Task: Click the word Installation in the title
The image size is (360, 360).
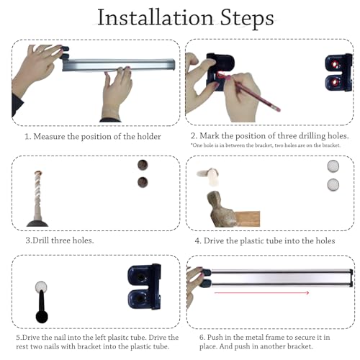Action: coord(156,17)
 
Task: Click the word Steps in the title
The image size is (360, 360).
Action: coord(247,18)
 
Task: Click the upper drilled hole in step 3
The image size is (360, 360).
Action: coord(143,165)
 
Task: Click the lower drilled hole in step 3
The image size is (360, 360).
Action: coord(143,182)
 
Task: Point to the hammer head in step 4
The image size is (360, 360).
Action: coord(220,209)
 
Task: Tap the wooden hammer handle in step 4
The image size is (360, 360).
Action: coord(247,219)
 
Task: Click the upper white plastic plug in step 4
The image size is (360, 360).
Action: coord(333,166)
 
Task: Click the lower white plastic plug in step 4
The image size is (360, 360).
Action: coord(333,184)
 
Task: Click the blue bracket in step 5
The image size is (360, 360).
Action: coord(144,287)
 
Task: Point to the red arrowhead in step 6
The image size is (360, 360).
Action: coord(307,292)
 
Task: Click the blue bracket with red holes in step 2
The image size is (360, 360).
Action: coord(339,73)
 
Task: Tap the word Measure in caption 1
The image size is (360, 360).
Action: coord(49,137)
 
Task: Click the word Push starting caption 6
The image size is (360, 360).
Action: coord(215,337)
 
